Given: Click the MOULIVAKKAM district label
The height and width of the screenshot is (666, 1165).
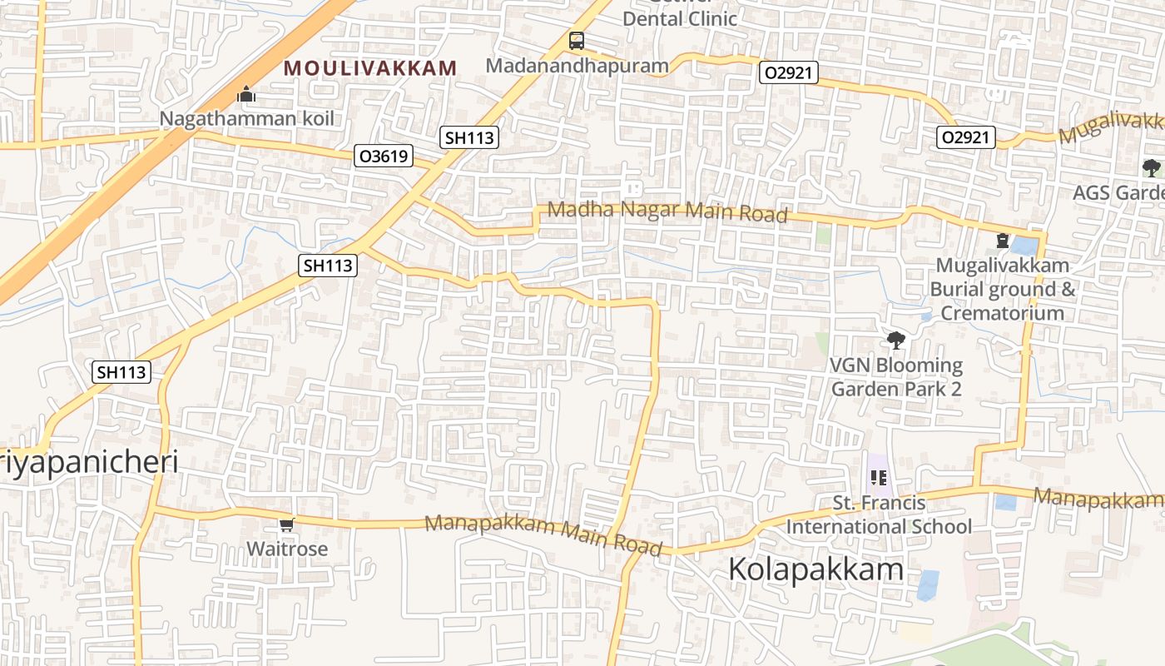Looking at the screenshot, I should [370, 68].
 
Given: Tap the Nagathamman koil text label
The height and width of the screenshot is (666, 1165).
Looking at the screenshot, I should [246, 118].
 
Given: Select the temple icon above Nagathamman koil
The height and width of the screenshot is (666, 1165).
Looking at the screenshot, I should [245, 95].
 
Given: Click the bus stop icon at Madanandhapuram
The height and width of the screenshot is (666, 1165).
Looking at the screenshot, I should [577, 41].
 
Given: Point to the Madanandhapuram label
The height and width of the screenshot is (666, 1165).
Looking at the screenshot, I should [577, 66].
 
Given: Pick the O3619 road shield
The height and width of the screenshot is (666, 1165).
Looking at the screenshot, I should [384, 156].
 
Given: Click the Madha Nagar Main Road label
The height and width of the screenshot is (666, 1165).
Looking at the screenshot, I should [667, 211].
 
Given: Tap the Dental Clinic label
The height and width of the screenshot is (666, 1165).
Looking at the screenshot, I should [679, 18].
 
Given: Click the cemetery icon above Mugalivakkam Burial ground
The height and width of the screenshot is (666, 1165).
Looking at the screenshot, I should [1003, 241].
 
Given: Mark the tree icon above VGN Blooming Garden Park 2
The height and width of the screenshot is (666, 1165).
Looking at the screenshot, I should [896, 340].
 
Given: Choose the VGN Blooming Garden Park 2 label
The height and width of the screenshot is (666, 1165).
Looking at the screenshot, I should [896, 377].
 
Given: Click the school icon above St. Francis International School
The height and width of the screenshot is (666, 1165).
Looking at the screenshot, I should [878, 478].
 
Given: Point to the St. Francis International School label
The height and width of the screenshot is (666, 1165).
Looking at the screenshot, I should [879, 515].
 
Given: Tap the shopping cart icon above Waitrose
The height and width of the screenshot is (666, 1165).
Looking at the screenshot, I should [286, 524].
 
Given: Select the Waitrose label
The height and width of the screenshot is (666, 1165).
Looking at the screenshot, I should [286, 549].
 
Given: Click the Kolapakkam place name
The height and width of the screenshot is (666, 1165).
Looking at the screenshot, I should [815, 569].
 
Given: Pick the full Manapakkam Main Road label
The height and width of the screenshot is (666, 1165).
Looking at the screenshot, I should [543, 535].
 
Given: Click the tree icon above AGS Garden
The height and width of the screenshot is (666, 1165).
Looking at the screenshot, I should [1152, 168].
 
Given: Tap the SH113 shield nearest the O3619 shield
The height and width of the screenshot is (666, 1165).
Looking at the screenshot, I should [469, 138].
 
